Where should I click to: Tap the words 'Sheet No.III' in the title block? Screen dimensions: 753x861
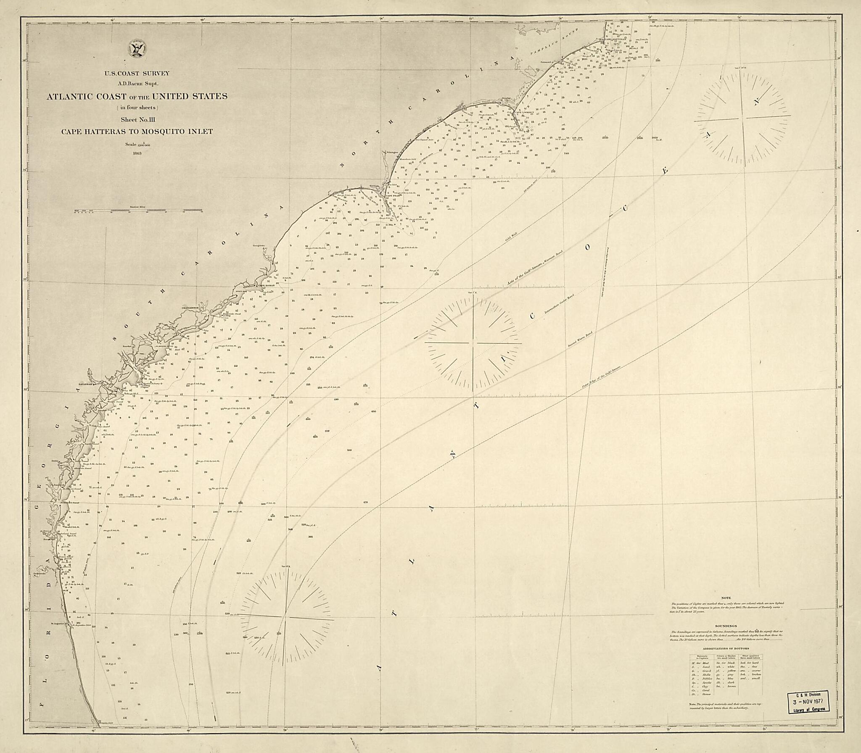tap(137, 120)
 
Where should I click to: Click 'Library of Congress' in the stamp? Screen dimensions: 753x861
tap(809, 709)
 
